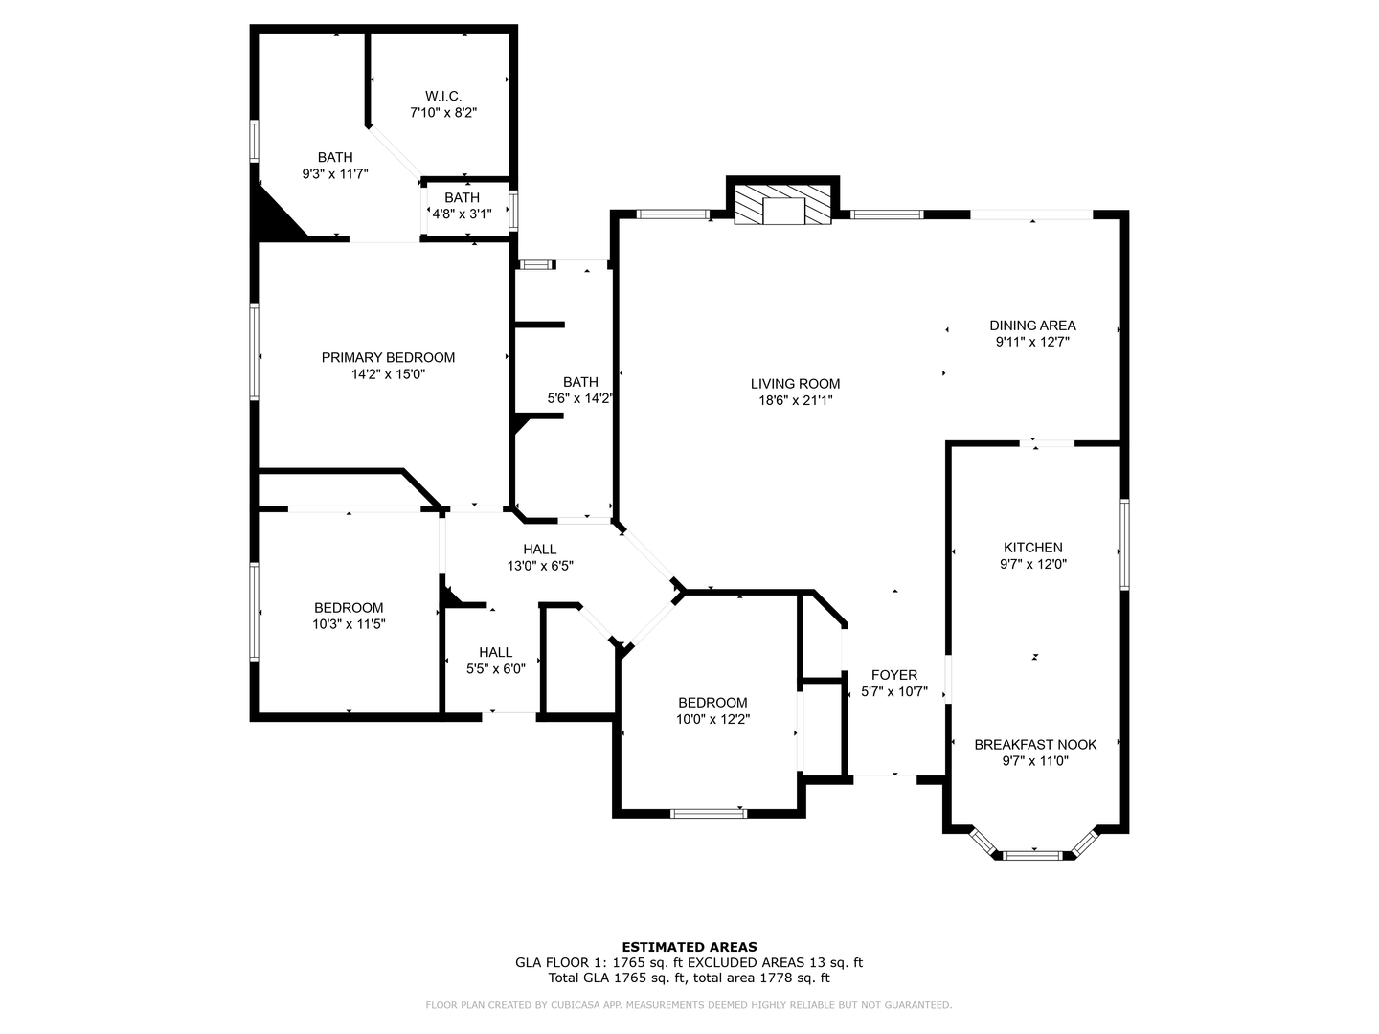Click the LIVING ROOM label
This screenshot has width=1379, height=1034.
pos(795,384)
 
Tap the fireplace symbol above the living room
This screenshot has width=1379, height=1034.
pos(782,204)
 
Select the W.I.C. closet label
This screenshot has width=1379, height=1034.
pos(443,96)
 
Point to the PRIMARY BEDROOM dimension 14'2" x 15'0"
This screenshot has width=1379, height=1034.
pos(388,374)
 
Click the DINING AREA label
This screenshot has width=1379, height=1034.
pos(1032,326)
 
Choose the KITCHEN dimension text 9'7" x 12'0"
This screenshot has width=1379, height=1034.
pos(1032,564)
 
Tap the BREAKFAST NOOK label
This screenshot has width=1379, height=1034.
pos(1035,744)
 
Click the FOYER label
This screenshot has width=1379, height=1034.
pos(894,675)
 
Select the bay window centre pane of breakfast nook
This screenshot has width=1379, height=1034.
pos(1034,853)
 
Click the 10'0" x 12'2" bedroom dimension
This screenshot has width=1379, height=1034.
pos(713,719)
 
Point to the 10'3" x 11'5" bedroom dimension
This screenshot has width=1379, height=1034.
pos(349,624)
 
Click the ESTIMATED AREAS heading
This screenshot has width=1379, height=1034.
pos(689,947)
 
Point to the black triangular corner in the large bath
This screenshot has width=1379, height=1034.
pos(273,216)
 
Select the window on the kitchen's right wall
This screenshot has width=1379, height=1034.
pos(1125,543)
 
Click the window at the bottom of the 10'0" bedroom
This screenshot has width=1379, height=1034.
pos(709,814)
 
